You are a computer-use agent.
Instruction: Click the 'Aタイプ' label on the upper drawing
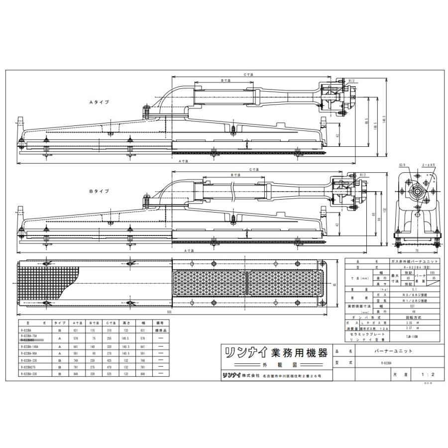pyautogui.click(x=99, y=102)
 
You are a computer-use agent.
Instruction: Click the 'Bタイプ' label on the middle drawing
pyautogui.click(x=99, y=191)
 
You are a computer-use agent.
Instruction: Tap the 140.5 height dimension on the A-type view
pyautogui.click(x=385, y=120)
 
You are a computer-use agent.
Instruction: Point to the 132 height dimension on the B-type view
pyautogui.click(x=385, y=209)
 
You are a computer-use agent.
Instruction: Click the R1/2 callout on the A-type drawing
pyautogui.click(x=351, y=80)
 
